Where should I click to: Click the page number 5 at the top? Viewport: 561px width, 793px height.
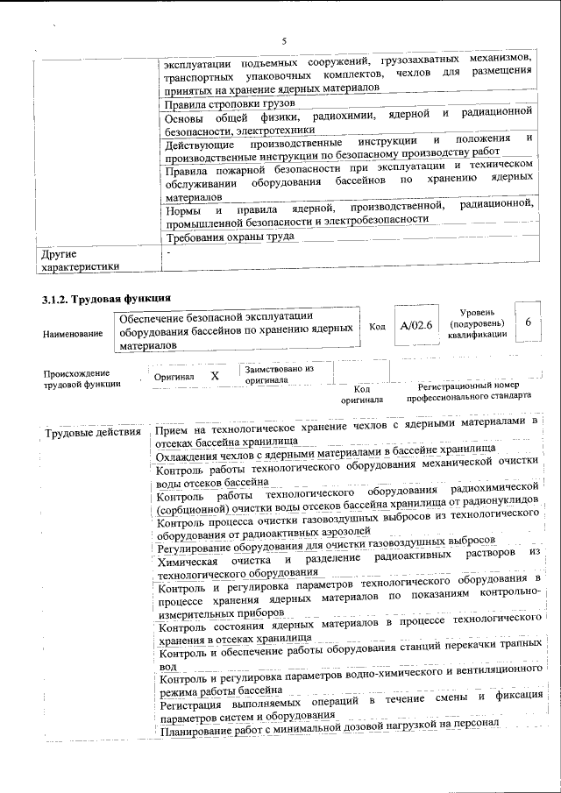(x=285, y=40)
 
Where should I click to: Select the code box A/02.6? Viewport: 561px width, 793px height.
(x=416, y=326)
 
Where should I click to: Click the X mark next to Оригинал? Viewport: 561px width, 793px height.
(x=215, y=375)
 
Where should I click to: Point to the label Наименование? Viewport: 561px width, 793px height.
(x=70, y=333)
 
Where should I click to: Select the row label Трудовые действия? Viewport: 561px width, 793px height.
(x=91, y=433)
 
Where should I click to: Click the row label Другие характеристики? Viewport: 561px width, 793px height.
(x=80, y=259)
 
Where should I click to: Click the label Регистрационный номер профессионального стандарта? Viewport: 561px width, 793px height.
(x=468, y=390)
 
